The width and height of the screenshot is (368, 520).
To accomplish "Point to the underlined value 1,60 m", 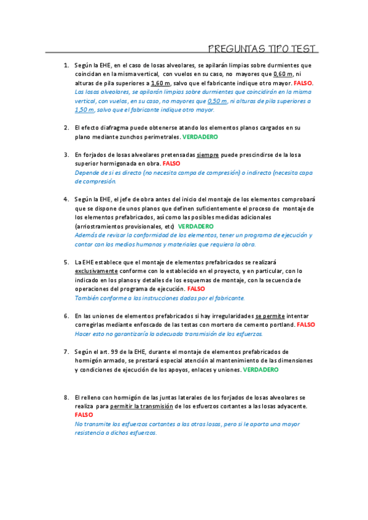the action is pos(160,83).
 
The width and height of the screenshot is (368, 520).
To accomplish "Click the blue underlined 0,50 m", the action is pos(217,101).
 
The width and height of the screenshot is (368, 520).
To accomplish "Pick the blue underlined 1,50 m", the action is pos(84,110).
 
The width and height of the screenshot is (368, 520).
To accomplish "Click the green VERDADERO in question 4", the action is pos(196,226).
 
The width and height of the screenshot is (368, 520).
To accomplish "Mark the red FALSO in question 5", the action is pos(196,289).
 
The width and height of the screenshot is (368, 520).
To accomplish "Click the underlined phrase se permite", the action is pos(269,315).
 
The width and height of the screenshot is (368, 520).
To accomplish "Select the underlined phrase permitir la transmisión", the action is pos(143,407).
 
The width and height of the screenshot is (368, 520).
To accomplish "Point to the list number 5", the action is pos(66,262).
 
